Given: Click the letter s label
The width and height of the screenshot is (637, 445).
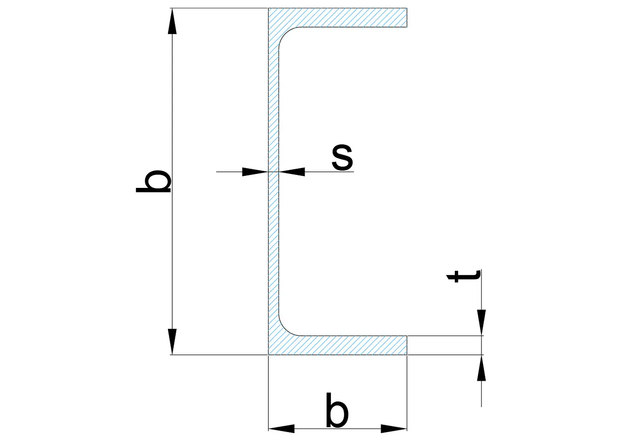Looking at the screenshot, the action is [342, 158].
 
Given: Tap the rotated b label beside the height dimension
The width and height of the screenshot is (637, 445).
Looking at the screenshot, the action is [154, 181].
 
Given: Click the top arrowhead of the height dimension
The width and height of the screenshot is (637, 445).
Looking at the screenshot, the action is [172, 21].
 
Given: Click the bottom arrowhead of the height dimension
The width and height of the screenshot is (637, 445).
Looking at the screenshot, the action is [172, 342].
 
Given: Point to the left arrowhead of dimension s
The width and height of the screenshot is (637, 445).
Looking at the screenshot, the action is [255, 172].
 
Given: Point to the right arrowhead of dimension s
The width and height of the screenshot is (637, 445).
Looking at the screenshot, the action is [292, 172].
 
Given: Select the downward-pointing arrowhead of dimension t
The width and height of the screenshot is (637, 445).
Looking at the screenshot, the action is [481, 322].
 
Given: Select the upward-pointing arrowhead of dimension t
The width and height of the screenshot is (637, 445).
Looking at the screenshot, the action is [481, 368].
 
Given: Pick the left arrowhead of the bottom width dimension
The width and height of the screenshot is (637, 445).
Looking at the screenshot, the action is [281, 429].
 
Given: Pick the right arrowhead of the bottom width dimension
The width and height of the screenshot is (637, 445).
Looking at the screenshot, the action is [394, 429].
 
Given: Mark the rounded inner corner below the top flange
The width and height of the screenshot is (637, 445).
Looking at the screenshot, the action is [284, 33].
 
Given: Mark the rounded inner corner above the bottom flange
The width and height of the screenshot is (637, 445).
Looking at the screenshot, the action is [284, 330].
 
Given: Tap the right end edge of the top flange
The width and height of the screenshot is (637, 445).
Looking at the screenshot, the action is [407, 18].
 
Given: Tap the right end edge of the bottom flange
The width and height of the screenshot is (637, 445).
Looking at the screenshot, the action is [407, 345].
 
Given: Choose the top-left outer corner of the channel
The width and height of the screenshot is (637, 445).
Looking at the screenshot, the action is [269, 8].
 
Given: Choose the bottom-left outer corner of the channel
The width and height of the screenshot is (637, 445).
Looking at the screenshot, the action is [269, 355].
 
